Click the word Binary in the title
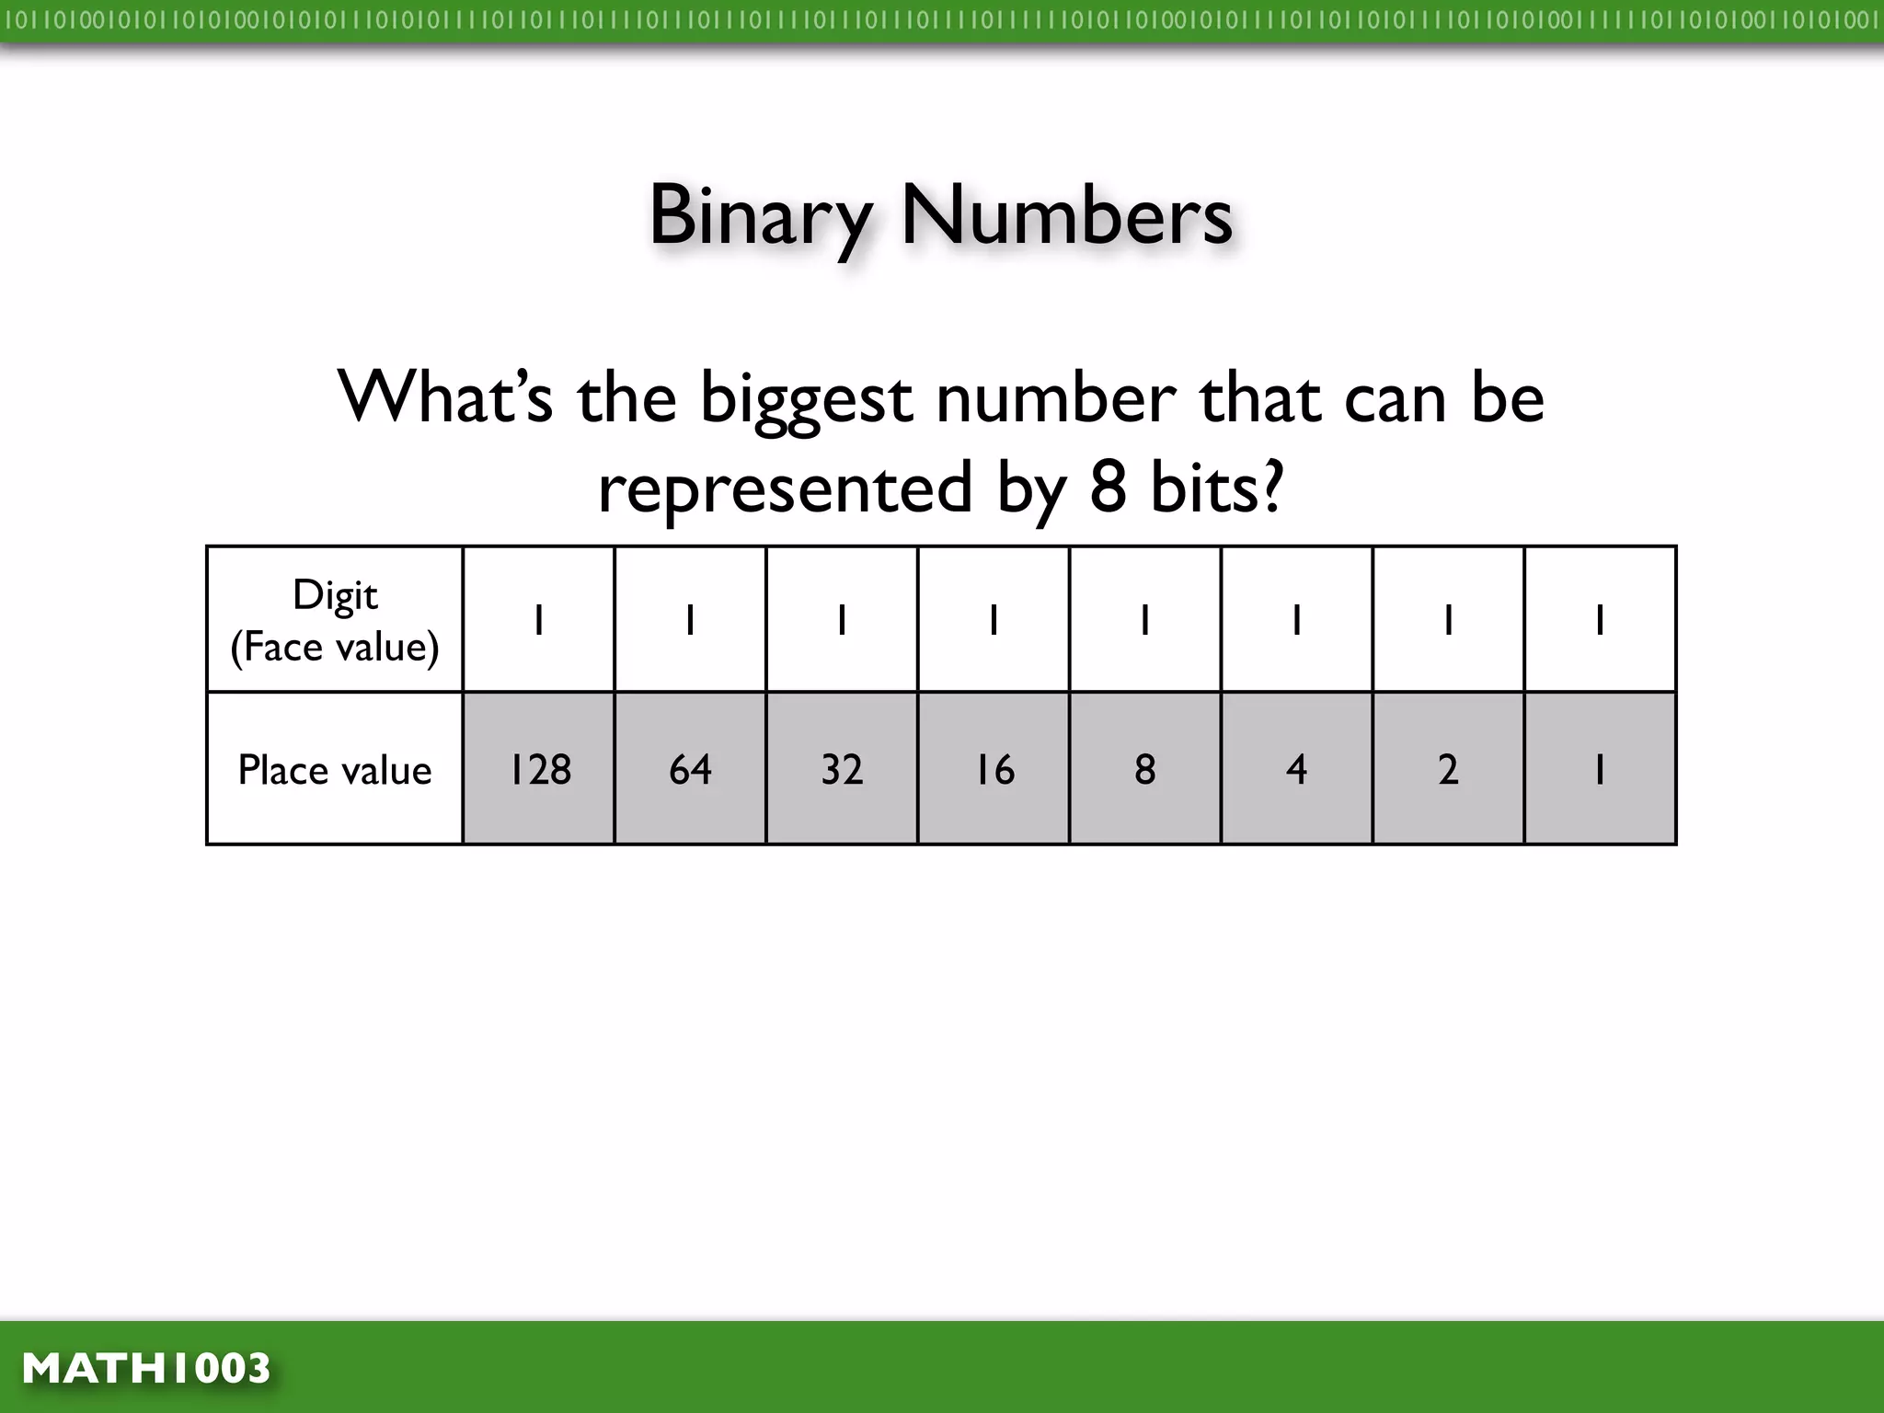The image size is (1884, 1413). [x=760, y=215]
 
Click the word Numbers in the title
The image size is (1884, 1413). [x=1066, y=215]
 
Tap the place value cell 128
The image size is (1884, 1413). [x=539, y=769]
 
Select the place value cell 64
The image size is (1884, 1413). [x=690, y=769]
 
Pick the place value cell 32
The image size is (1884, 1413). [x=842, y=769]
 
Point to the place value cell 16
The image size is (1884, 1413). [x=994, y=769]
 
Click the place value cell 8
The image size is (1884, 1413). [x=1145, y=769]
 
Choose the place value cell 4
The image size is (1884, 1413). [x=1296, y=769]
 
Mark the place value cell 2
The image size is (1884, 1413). [x=1448, y=769]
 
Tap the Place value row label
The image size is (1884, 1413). [x=335, y=770]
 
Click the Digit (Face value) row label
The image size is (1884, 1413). [x=335, y=620]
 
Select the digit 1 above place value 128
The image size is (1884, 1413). [x=539, y=620]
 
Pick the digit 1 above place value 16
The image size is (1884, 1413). [x=994, y=620]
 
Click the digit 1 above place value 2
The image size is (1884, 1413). [x=1448, y=620]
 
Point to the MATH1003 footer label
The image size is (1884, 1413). [x=146, y=1368]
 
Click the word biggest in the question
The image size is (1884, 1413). [x=806, y=399]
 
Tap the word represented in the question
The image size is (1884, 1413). [x=785, y=488]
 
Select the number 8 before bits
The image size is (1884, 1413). [x=1108, y=488]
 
